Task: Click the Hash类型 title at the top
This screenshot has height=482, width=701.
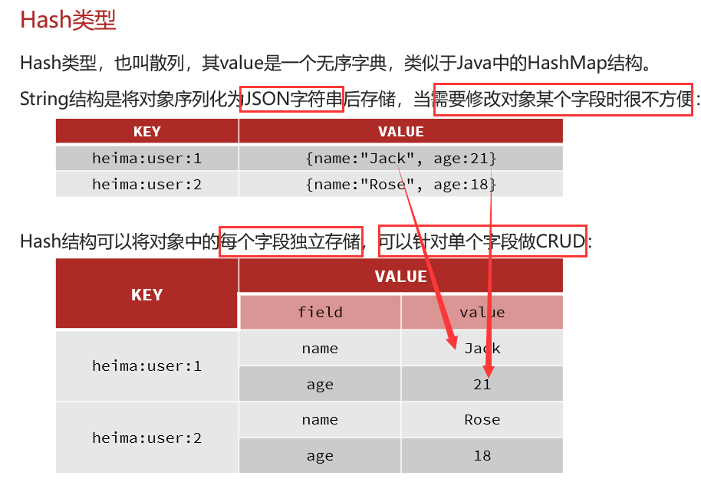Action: point(67,20)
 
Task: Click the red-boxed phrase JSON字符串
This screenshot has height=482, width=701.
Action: point(291,98)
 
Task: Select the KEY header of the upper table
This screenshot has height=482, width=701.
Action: point(146,131)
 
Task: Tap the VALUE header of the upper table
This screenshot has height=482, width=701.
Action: point(400,131)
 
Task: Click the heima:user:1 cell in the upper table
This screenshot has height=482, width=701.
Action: point(146,159)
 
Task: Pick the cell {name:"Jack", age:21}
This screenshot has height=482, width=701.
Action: point(400,159)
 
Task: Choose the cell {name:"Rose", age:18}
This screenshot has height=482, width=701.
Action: point(400,184)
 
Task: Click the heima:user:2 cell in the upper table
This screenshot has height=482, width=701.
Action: point(146,184)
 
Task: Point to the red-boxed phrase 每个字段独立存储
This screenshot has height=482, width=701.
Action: point(291,241)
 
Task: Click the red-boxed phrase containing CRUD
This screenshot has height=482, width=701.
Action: point(482,241)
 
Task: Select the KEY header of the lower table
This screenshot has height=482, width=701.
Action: point(146,295)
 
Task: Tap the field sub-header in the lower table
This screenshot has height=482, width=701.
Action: point(320,312)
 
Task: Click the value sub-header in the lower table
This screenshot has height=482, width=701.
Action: point(482,312)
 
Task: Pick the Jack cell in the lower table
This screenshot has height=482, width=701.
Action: point(482,348)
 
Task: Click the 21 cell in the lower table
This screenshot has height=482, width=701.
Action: point(482,384)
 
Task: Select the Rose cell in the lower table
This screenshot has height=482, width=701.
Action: point(482,420)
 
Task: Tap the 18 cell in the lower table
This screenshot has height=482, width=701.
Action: point(482,456)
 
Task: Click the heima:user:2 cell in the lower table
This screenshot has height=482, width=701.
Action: point(146,438)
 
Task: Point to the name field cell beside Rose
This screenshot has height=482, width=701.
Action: point(320,420)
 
